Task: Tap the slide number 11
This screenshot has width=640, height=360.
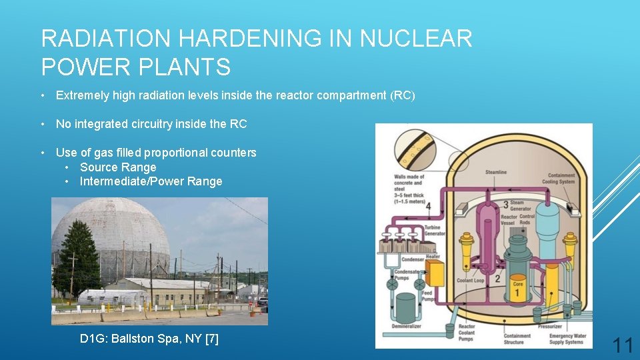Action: click(622, 345)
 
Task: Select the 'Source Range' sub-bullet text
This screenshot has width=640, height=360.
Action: click(118, 167)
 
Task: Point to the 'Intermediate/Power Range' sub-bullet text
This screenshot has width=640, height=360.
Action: click(151, 181)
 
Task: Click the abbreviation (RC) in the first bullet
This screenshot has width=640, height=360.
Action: click(402, 95)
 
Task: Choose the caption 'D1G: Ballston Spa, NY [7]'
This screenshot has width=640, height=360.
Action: click(149, 339)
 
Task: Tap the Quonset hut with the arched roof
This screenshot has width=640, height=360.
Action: click(111, 298)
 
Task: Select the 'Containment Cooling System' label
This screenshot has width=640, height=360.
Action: click(558, 178)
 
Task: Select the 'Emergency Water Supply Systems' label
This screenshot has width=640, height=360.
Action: click(566, 339)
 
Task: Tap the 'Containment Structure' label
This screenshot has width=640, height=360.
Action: click(517, 339)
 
